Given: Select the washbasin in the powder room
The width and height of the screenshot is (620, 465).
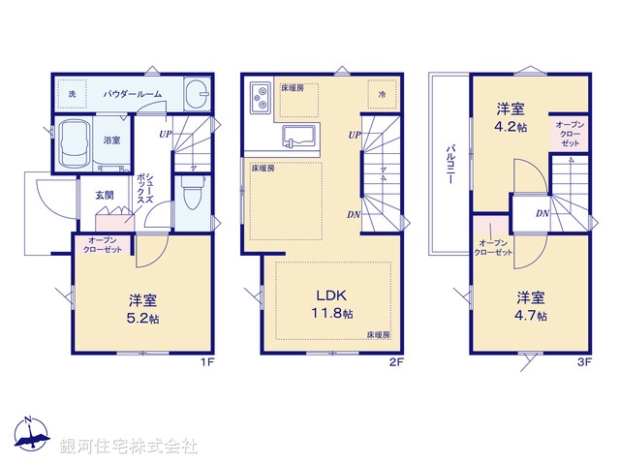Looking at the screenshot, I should (195, 95).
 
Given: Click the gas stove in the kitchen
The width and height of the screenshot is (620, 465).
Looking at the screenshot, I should (262, 97).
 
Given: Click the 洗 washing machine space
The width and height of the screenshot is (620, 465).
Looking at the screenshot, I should (72, 94).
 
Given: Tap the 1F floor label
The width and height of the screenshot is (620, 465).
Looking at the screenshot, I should (205, 362).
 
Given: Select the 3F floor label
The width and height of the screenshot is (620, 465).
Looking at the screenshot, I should (583, 362).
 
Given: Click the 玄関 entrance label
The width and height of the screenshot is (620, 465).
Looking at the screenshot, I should (104, 195).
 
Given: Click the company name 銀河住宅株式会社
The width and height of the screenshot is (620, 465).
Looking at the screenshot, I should (129, 447).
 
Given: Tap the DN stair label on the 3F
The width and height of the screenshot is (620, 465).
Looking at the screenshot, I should (542, 213).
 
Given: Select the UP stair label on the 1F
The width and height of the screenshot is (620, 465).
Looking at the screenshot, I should (166, 134).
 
